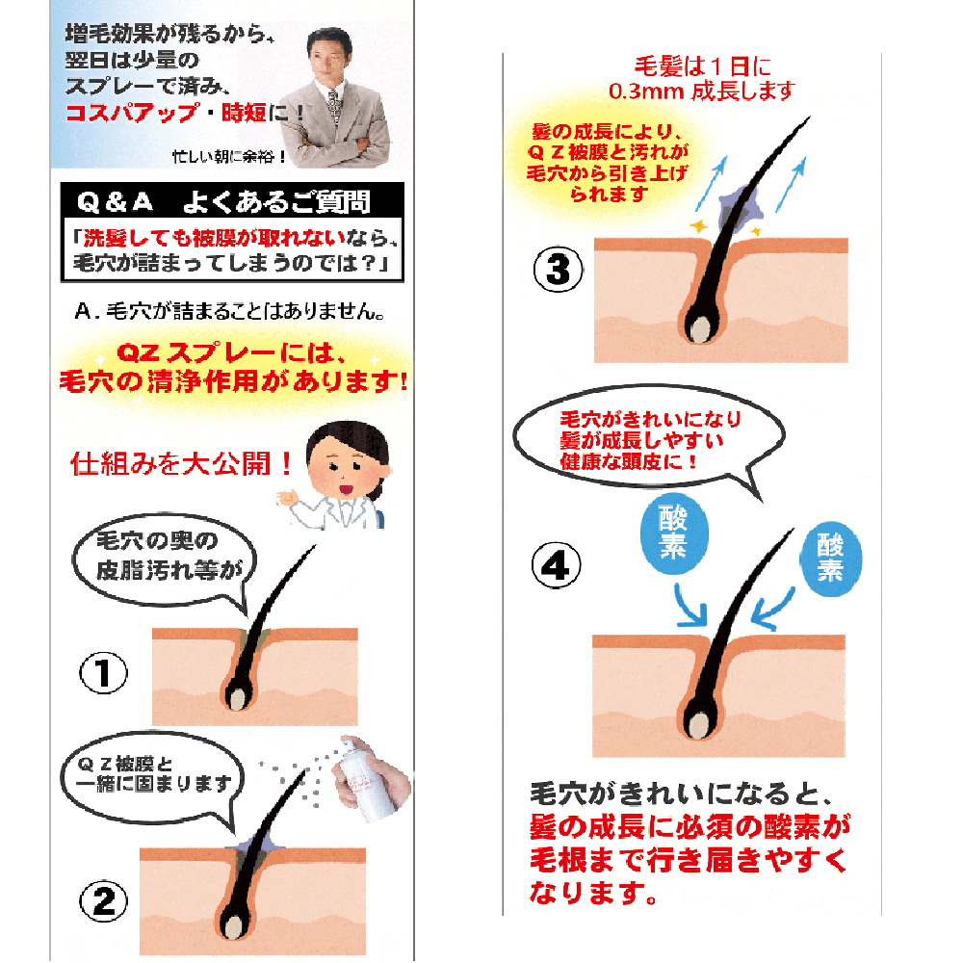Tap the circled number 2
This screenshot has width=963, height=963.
pyautogui.click(x=103, y=902)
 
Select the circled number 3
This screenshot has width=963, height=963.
pyautogui.click(x=558, y=269)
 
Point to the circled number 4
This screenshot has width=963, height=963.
pyautogui.click(x=556, y=565)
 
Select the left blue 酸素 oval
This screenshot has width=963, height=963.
pyautogui.click(x=674, y=533)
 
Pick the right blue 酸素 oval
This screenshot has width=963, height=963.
pyautogui.click(x=830, y=560)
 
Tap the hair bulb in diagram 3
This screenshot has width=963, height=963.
pyautogui.click(x=699, y=328)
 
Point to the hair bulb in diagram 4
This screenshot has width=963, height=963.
pyautogui.click(x=697, y=726)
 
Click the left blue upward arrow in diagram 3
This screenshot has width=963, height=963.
pyautogui.click(x=712, y=184)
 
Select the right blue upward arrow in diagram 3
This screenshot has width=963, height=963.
pyautogui.click(x=791, y=184)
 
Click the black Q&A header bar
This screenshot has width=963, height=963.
pyautogui.click(x=232, y=200)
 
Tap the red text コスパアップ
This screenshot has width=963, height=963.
pyautogui.click(x=133, y=112)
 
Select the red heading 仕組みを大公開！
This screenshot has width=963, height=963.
pyautogui.click(x=182, y=464)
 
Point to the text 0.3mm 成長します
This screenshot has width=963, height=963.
pyautogui.click(x=701, y=91)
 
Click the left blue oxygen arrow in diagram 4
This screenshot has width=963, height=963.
pyautogui.click(x=690, y=606)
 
